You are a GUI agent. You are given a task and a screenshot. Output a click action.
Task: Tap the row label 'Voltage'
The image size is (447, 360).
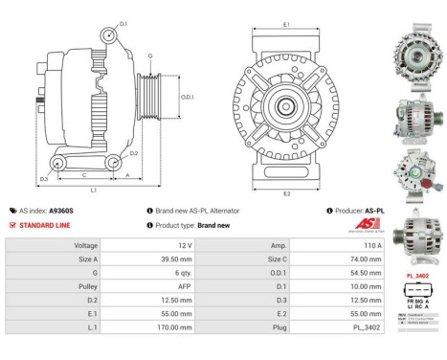point(85,245)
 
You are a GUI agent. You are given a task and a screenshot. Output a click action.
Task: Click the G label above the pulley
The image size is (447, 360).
point(149,56)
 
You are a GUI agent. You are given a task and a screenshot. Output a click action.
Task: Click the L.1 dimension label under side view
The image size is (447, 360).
point(93,190)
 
